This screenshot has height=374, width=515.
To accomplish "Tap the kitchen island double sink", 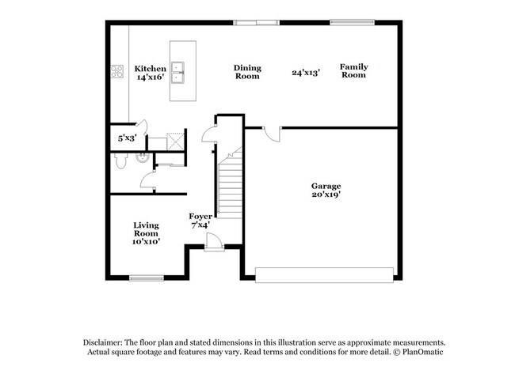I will [x=181, y=71].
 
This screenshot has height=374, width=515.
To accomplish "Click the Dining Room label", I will [x=247, y=72].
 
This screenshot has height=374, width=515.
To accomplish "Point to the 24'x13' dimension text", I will [x=306, y=72].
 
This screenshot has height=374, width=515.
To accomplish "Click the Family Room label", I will [x=353, y=71].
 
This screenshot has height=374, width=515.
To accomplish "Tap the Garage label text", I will [x=326, y=190].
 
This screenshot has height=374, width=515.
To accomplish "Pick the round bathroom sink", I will [x=141, y=157].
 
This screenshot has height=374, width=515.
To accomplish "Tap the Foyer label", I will [x=200, y=220].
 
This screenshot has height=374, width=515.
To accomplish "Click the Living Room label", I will [x=146, y=233].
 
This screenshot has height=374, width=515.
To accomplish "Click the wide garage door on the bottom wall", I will [x=325, y=274].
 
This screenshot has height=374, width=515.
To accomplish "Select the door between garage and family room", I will [x=270, y=133].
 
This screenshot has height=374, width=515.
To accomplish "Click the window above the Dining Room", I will [x=256, y=22].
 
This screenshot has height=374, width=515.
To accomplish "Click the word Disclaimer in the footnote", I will [x=106, y=341].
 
